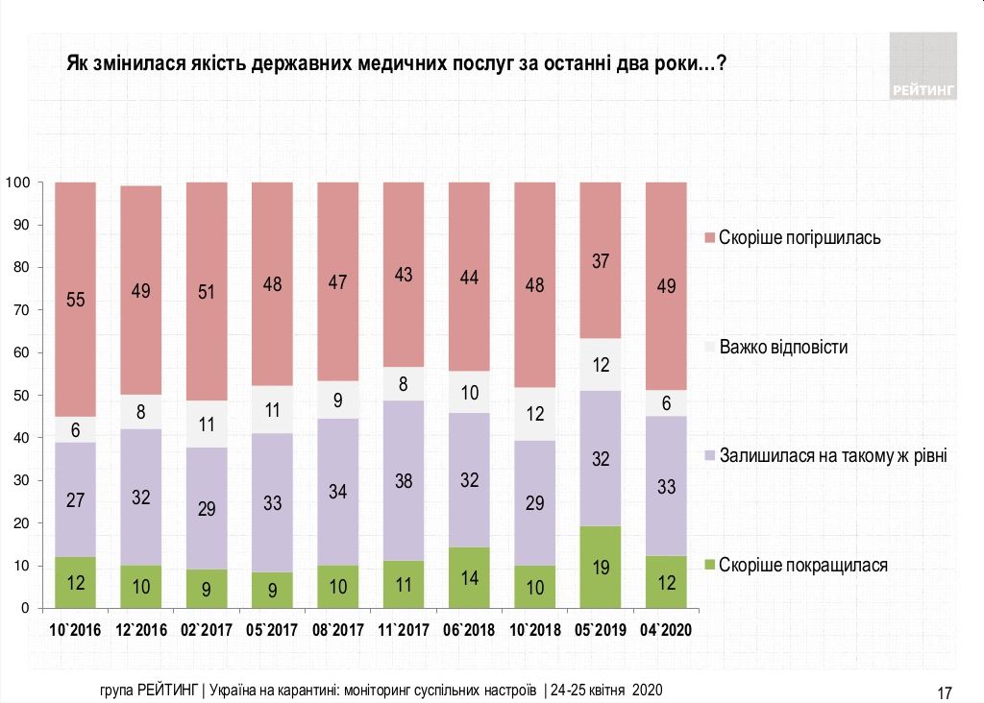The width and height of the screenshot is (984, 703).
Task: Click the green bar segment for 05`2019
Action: (x=601, y=568)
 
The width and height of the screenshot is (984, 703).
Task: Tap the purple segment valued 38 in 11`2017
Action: (x=404, y=480)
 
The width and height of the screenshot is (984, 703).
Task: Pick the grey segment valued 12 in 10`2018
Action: (x=534, y=414)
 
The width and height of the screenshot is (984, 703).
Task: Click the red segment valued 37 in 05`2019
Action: (x=601, y=260)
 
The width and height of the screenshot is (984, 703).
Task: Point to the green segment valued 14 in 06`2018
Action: (x=469, y=578)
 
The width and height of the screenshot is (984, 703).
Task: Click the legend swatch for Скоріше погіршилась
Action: (x=709, y=237)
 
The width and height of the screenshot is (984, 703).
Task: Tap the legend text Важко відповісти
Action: (x=783, y=347)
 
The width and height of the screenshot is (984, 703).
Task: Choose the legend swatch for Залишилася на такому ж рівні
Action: (x=709, y=456)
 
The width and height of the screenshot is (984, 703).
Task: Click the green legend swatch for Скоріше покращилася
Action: (x=709, y=566)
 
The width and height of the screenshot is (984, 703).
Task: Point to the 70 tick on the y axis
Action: (x=29, y=310)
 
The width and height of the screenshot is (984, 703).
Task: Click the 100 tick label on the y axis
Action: (x=22, y=182)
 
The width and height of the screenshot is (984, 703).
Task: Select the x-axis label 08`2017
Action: (x=338, y=630)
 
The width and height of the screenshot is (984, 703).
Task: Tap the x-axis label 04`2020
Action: (x=666, y=630)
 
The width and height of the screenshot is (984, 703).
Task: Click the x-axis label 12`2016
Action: (x=141, y=630)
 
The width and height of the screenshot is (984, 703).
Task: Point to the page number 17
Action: (x=944, y=692)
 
